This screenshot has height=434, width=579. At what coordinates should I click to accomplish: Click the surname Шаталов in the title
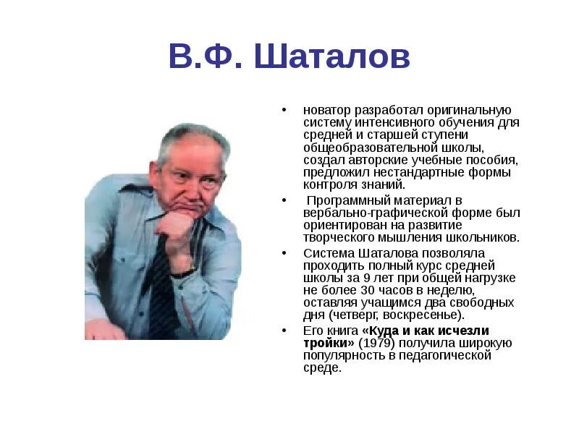[332, 56]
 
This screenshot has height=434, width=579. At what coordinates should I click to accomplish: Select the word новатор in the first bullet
[326, 110]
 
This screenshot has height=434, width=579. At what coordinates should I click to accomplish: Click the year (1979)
[375, 343]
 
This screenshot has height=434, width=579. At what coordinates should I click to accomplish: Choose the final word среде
[321, 367]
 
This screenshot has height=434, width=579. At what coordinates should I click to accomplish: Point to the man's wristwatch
[182, 273]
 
